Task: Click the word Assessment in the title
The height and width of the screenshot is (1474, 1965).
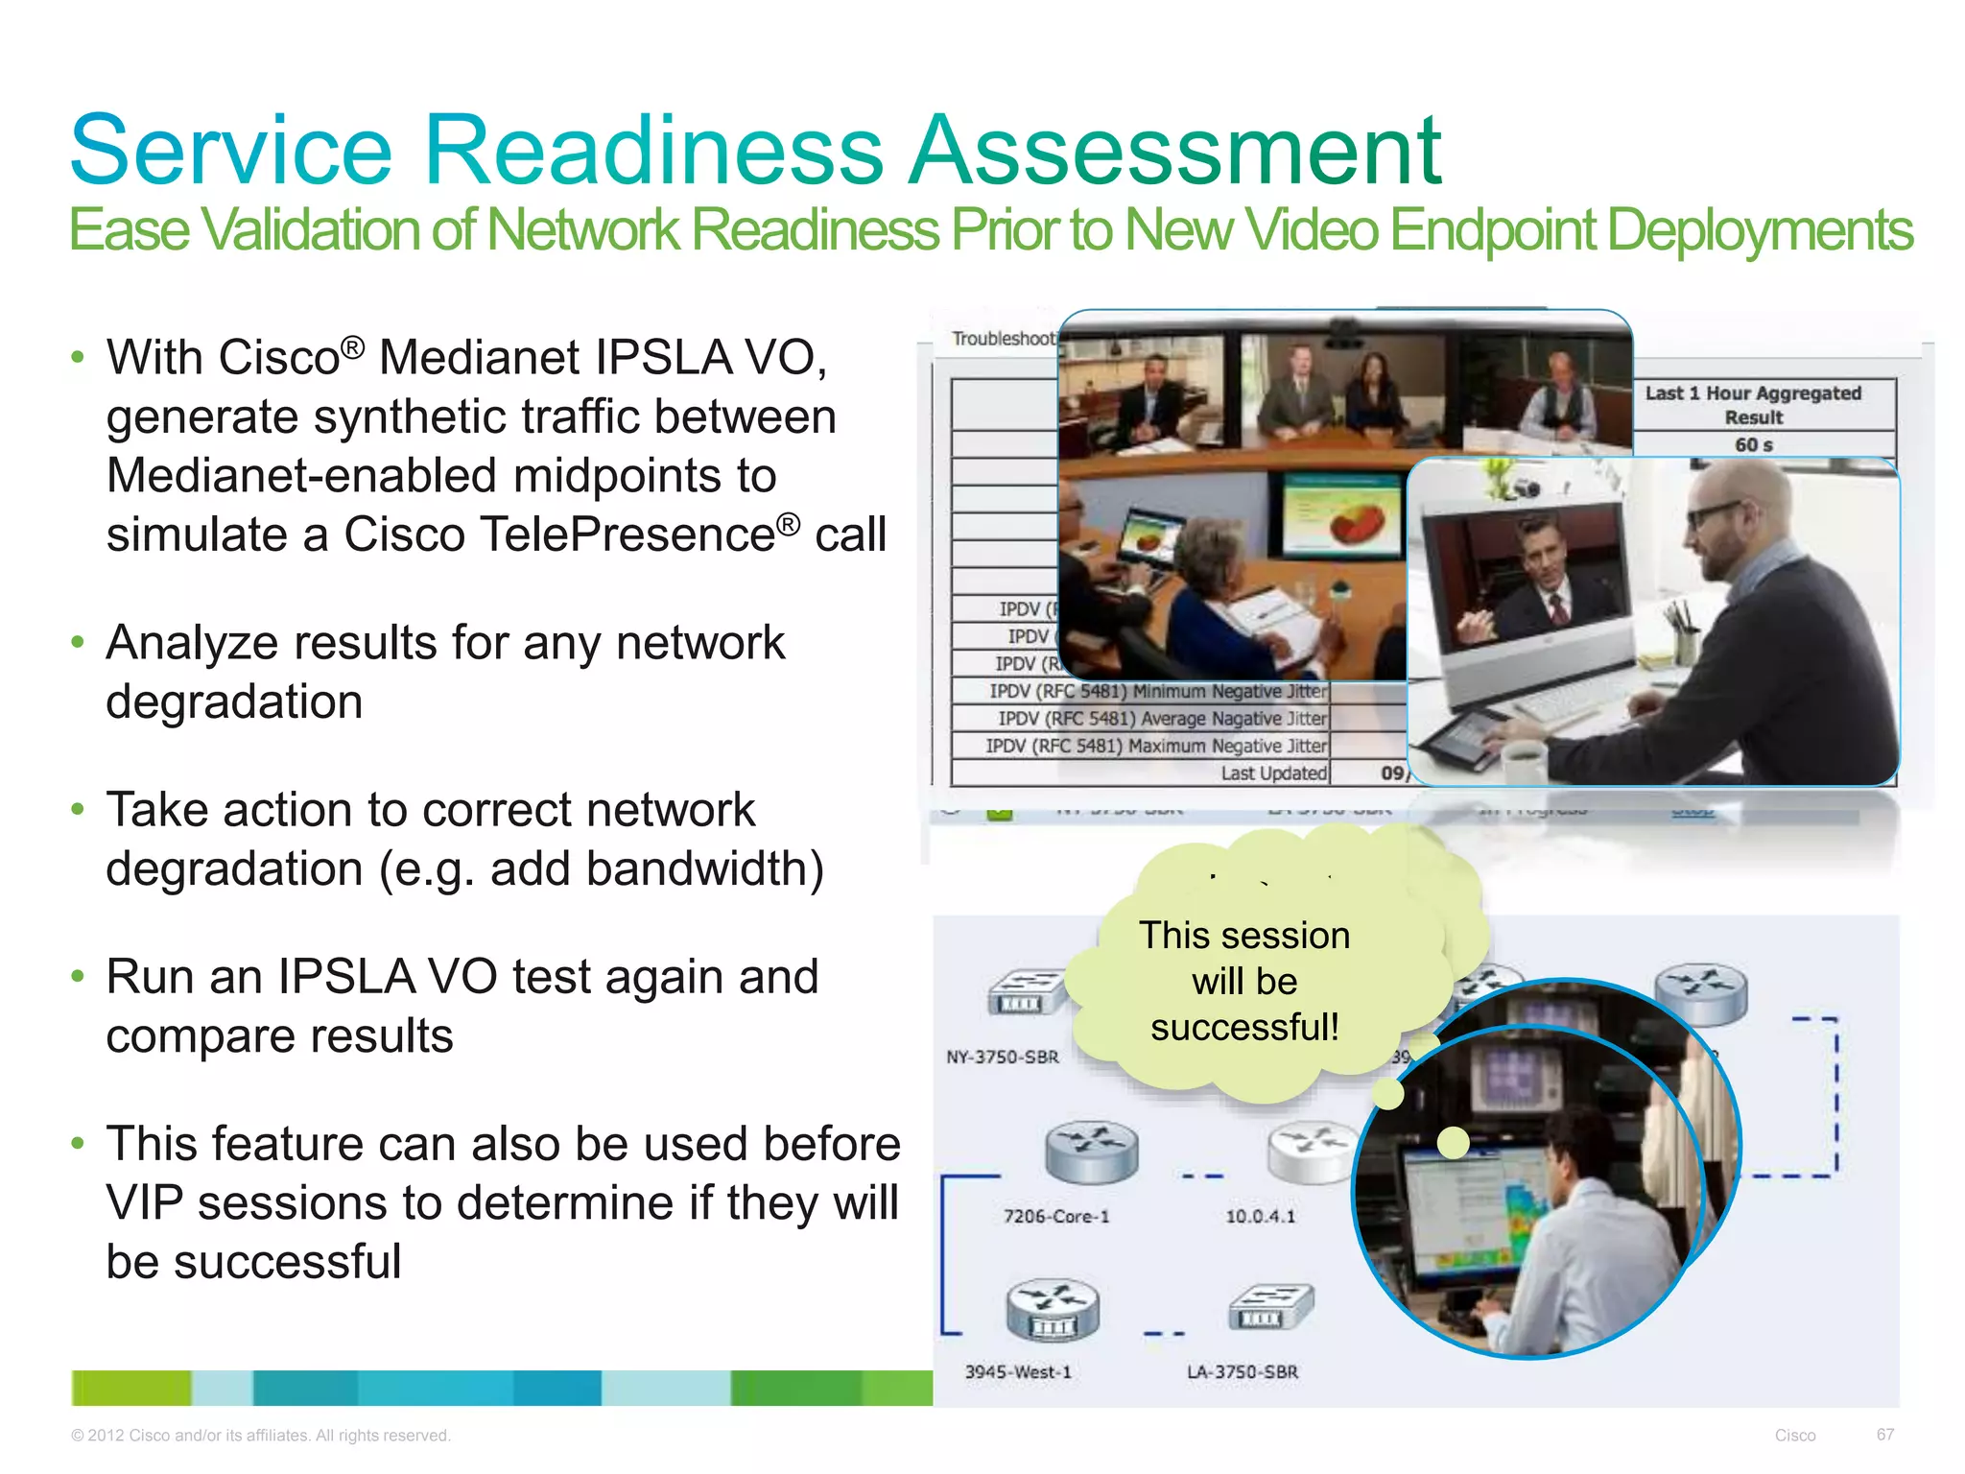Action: click(1175, 151)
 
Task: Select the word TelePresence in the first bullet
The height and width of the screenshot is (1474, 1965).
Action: click(559, 535)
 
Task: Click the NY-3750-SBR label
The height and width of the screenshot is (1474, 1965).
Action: click(1003, 1057)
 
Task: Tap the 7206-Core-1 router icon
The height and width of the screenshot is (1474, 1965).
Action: click(1091, 1153)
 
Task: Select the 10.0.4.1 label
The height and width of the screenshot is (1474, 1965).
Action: click(1260, 1216)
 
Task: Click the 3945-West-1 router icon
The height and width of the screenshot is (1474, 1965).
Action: click(1053, 1310)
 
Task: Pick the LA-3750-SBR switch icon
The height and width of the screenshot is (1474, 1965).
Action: click(1270, 1308)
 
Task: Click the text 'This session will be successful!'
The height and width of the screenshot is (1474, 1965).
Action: click(1244, 981)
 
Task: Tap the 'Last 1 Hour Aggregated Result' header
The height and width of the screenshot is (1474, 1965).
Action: click(1753, 405)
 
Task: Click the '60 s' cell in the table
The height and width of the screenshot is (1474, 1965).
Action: click(1753, 444)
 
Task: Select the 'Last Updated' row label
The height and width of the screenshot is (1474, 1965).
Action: click(1273, 773)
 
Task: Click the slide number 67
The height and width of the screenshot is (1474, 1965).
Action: click(1884, 1435)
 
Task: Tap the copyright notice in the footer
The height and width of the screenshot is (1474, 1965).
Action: click(260, 1436)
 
